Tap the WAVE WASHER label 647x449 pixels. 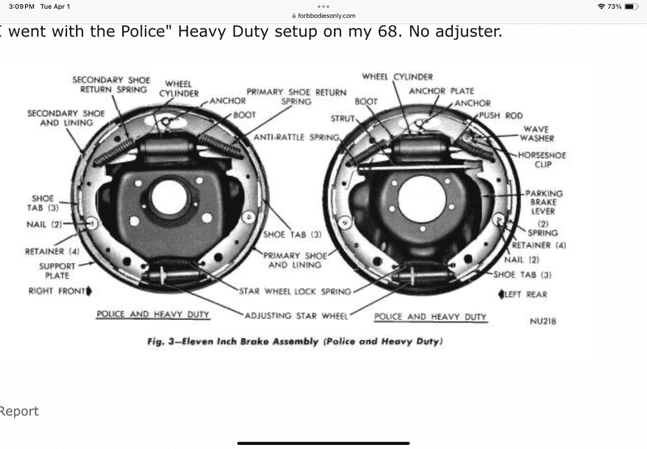pyautogui.click(x=536, y=133)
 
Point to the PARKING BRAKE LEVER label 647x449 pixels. pyautogui.click(x=544, y=202)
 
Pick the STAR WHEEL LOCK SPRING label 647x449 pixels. pyautogui.click(x=294, y=291)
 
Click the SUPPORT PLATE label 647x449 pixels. pyautogui.click(x=57, y=271)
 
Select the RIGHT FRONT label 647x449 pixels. pyautogui.click(x=56, y=291)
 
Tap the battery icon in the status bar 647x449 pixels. pyautogui.click(x=632, y=6)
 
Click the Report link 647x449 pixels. pyautogui.click(x=19, y=411)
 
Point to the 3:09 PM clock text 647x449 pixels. pyautogui.click(x=19, y=6)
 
